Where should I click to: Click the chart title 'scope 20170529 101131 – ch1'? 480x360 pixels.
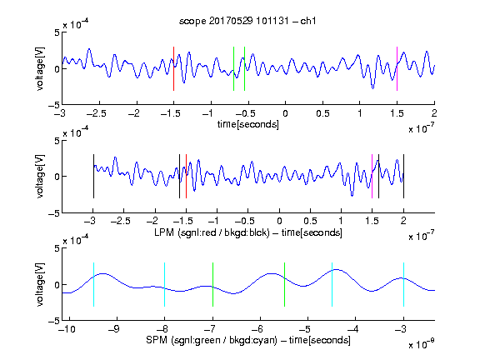[247, 21]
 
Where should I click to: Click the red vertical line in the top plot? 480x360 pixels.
[173, 68]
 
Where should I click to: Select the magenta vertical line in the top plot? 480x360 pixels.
[397, 68]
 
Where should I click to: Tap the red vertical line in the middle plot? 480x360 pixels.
[186, 177]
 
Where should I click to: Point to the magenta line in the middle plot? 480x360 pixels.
[372, 177]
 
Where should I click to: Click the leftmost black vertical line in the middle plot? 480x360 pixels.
[93, 177]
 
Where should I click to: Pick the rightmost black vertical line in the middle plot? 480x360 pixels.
[403, 177]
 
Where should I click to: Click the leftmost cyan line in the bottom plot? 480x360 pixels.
[93, 284]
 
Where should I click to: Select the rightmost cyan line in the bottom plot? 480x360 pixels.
[403, 284]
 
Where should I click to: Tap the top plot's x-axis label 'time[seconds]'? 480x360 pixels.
[248, 125]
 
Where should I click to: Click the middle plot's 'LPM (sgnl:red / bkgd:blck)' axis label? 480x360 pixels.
[212, 232]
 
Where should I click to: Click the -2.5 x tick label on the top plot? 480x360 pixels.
[97, 114]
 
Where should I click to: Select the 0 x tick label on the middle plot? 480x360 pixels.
[279, 221]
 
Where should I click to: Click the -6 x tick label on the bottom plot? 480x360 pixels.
[259, 329]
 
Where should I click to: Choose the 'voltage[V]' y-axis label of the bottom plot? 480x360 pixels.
[40, 284]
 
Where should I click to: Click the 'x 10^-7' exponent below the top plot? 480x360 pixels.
[422, 128]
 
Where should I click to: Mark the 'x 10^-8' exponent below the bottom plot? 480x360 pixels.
[422, 344]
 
